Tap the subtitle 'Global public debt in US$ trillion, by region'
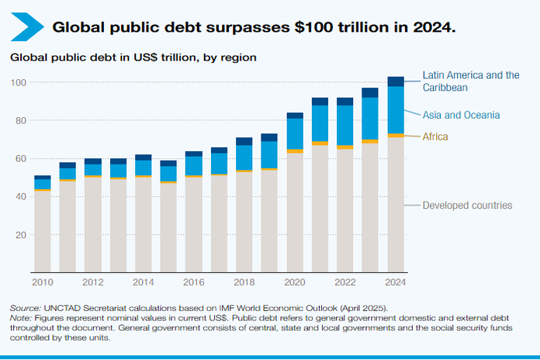pyautogui.click(x=133, y=57)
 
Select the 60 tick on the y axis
pyautogui.click(x=21, y=158)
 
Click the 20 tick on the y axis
pyautogui.click(x=21, y=234)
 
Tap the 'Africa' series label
pyautogui.click(x=437, y=137)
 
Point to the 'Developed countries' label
pyautogui.click(x=467, y=206)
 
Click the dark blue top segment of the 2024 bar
pyautogui.click(x=396, y=81)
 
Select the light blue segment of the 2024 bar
pyautogui.click(x=396, y=109)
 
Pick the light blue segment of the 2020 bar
pyautogui.click(x=295, y=133)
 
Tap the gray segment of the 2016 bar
pyautogui.click(x=194, y=225)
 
